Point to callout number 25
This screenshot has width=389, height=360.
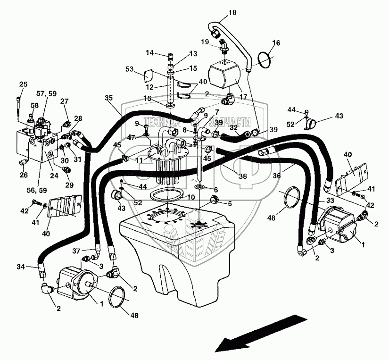point(23,84)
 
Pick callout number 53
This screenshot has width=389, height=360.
point(129,69)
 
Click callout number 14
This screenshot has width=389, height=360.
point(149,53)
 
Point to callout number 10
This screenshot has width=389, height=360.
point(190,196)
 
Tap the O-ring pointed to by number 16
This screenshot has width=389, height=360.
point(265,59)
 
